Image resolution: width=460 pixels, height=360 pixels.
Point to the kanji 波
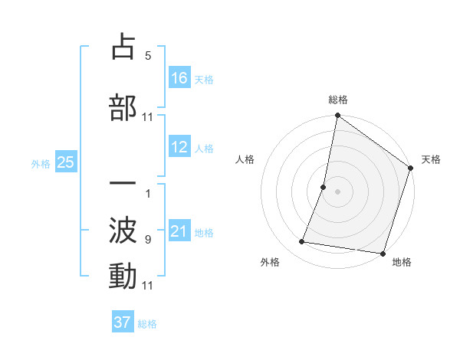point(123,228)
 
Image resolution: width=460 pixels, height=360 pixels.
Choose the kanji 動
point(123,276)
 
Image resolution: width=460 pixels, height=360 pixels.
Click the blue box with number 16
point(179,78)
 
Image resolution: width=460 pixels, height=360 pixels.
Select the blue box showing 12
point(179,147)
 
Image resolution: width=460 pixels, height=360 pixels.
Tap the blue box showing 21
point(179,231)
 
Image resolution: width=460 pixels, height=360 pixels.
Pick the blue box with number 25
point(65,162)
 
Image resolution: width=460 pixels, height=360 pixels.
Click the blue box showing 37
point(123,322)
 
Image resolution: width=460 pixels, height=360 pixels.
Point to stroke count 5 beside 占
point(148,56)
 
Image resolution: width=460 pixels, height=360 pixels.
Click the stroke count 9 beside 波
point(148,240)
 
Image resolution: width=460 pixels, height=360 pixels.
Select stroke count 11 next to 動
point(148,286)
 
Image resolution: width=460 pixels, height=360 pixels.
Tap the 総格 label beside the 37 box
point(147,324)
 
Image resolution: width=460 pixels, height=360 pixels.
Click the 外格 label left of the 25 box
point(41,163)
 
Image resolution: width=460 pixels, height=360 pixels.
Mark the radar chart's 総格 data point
point(337,116)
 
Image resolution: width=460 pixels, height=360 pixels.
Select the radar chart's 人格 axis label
point(245,159)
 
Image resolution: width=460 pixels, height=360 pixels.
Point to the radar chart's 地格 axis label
point(402,263)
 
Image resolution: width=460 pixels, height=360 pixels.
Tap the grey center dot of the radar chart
point(337,191)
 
